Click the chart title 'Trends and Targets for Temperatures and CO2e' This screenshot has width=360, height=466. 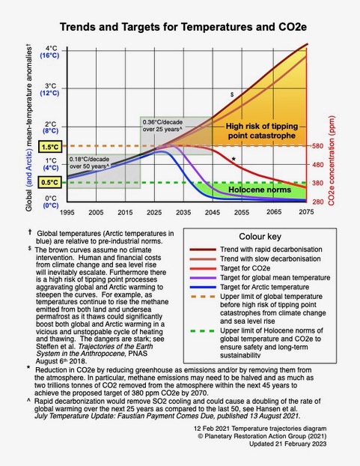[183, 27]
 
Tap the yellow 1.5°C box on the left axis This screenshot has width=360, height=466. [50, 147]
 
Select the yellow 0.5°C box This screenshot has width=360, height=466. [50, 183]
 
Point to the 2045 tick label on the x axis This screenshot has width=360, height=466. [213, 212]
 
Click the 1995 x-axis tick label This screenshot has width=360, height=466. [67, 212]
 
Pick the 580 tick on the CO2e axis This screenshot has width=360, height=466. [317, 146]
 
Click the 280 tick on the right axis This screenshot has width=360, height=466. [318, 202]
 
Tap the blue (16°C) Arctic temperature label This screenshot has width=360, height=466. [49, 55]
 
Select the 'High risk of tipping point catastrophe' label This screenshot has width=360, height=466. [261, 131]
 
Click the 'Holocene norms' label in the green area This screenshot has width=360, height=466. [260, 190]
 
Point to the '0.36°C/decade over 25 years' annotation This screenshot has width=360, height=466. [162, 126]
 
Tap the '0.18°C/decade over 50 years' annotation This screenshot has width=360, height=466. [89, 163]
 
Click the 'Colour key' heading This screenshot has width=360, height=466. [260, 237]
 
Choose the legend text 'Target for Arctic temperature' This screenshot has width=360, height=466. [264, 287]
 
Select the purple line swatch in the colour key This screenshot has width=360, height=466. [203, 278]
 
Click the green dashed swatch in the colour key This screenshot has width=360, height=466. [202, 331]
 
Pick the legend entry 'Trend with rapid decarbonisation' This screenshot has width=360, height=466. [271, 249]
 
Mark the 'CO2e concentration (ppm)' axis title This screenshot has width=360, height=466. [332, 160]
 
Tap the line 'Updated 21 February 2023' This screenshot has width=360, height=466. [287, 444]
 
